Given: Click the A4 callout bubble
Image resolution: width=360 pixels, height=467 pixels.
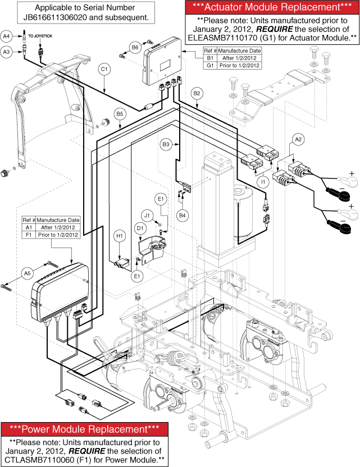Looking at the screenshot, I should tap(7, 36).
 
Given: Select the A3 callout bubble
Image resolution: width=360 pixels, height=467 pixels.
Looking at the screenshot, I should tap(7, 52).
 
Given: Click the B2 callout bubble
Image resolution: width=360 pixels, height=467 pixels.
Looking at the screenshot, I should tap(197, 93).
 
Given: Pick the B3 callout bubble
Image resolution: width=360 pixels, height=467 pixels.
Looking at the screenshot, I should tap(166, 145).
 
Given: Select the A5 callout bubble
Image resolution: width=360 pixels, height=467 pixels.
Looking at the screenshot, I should tap(27, 273).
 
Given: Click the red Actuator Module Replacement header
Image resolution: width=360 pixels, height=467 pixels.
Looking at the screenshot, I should tap(271, 8).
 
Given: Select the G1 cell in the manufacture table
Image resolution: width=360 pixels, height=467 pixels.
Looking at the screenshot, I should tap(210, 65).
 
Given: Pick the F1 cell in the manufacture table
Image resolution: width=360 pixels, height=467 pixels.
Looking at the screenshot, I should tap(29, 235).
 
